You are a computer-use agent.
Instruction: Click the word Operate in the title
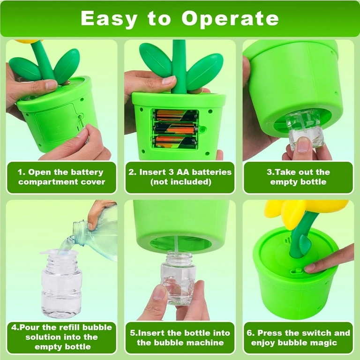(230, 19)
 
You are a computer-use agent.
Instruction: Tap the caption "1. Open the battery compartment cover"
(61, 177)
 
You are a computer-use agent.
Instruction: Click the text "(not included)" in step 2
(180, 182)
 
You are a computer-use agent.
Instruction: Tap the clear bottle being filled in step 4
(61, 285)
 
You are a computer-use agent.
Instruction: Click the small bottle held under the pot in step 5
(179, 277)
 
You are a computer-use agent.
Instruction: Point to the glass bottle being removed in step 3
(304, 131)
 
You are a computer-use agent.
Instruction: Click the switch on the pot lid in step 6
(296, 271)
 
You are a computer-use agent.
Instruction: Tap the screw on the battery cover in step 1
(80, 116)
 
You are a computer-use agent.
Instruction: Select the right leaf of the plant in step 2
(204, 72)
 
